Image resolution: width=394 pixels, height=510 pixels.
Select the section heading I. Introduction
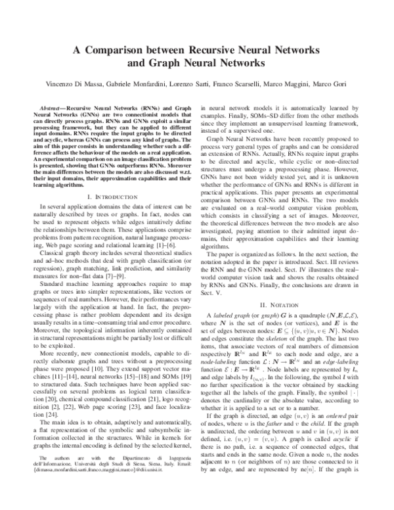click(x=111, y=197)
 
